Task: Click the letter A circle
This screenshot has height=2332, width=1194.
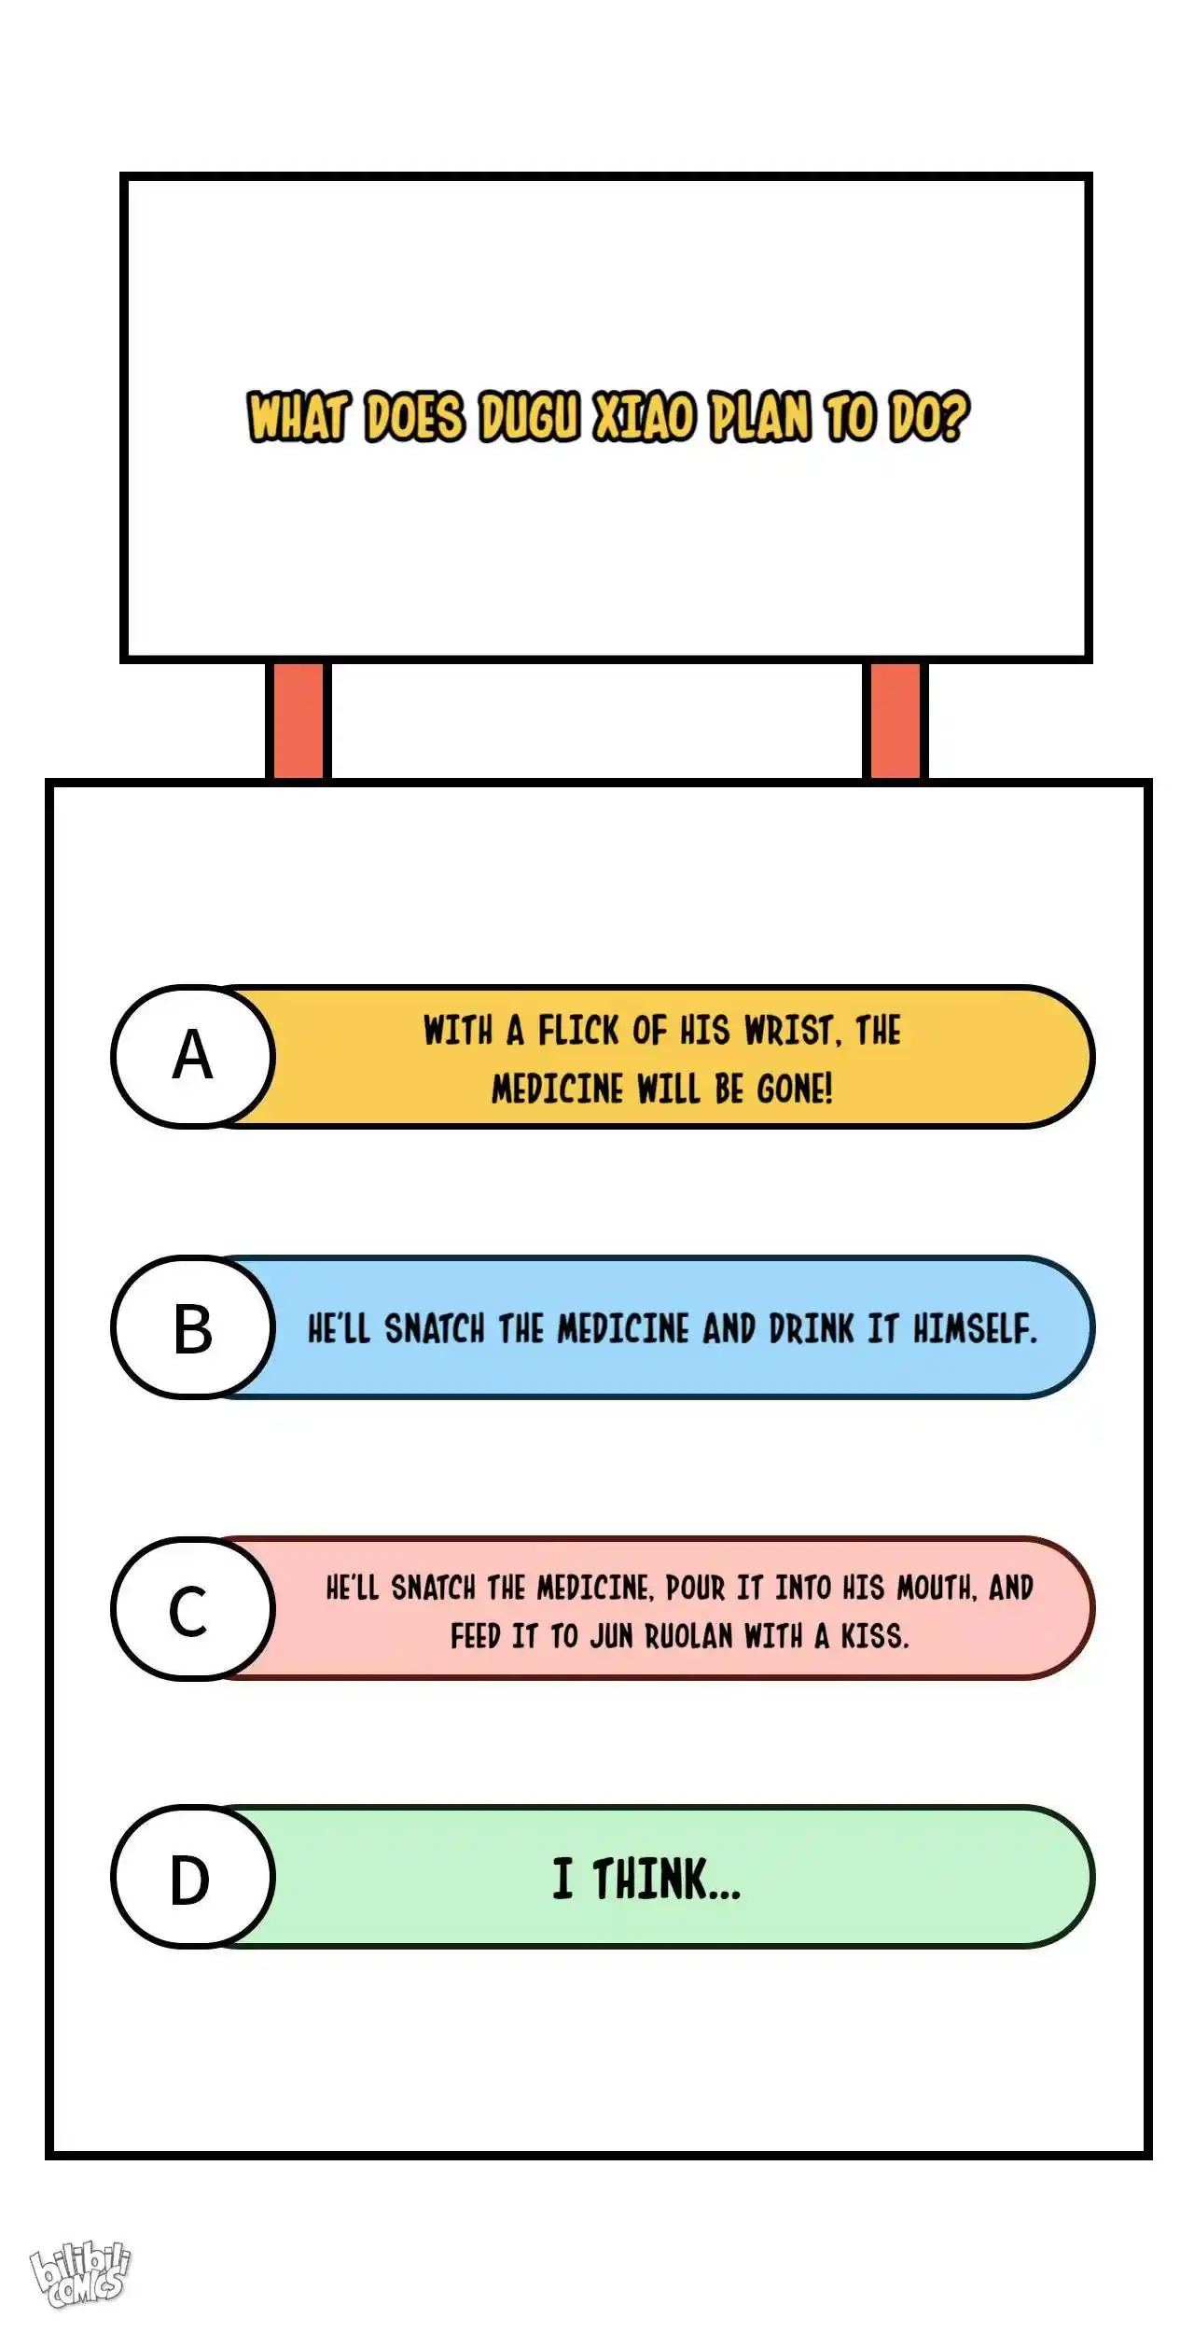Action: click(x=193, y=1057)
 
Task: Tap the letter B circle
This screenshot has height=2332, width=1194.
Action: click(x=193, y=1327)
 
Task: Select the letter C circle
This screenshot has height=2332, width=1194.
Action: click(x=193, y=1609)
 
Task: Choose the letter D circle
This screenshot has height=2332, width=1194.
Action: click(x=193, y=1879)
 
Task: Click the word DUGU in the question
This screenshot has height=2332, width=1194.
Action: click(x=530, y=417)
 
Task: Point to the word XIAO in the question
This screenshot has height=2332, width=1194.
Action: click(x=645, y=417)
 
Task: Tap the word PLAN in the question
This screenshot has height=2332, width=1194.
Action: click(x=759, y=417)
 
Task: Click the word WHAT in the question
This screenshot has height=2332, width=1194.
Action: click(x=298, y=417)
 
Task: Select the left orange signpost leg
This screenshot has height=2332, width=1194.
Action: click(x=298, y=720)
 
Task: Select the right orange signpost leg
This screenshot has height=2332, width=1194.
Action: click(x=895, y=720)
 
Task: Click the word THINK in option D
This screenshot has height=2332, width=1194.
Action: click(x=666, y=1879)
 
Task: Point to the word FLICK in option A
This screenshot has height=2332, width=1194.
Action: click(x=578, y=1032)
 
